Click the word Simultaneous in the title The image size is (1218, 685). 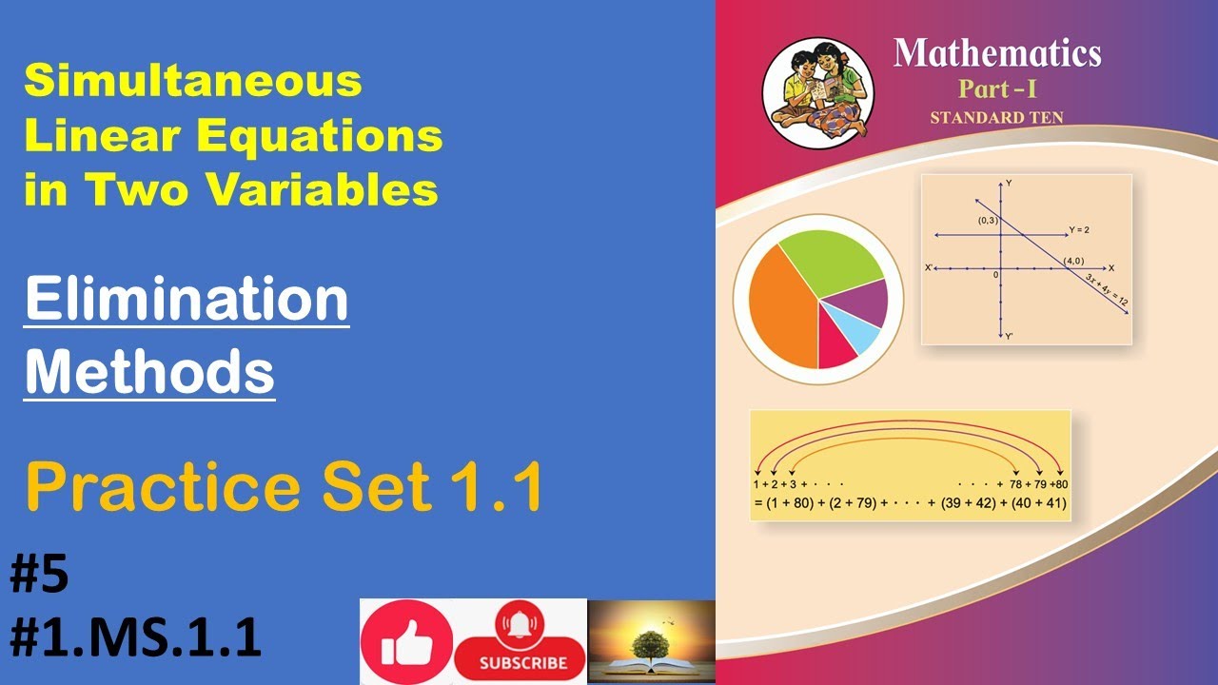click(x=193, y=82)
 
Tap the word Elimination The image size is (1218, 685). click(x=187, y=300)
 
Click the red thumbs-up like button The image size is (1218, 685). click(x=407, y=642)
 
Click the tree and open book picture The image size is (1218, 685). click(x=651, y=641)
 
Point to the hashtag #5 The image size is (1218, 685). click(x=39, y=577)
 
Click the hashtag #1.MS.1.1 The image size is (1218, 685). click(x=135, y=637)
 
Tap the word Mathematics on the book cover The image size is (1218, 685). click(x=996, y=53)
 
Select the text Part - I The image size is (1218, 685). click(x=996, y=91)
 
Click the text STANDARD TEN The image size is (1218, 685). click(x=996, y=118)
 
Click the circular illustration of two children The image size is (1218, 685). click(x=817, y=92)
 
